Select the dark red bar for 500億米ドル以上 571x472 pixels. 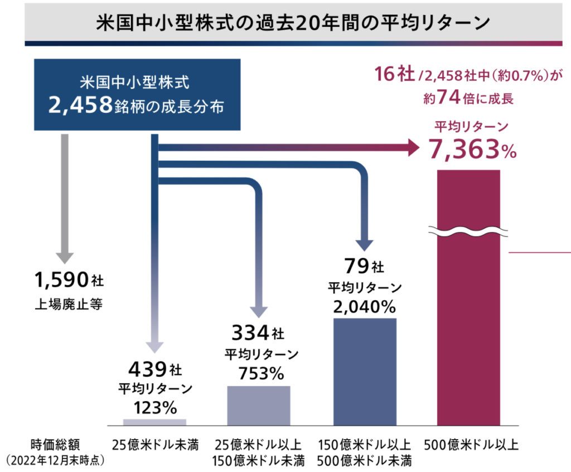pos(468,335)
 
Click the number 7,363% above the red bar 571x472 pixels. pos(472,149)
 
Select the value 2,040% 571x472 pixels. pos(365,306)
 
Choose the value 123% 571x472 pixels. pos(154,407)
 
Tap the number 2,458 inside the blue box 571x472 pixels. pos(81,106)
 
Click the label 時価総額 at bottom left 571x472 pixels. pos(56,445)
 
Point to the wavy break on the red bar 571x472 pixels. pos(468,230)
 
